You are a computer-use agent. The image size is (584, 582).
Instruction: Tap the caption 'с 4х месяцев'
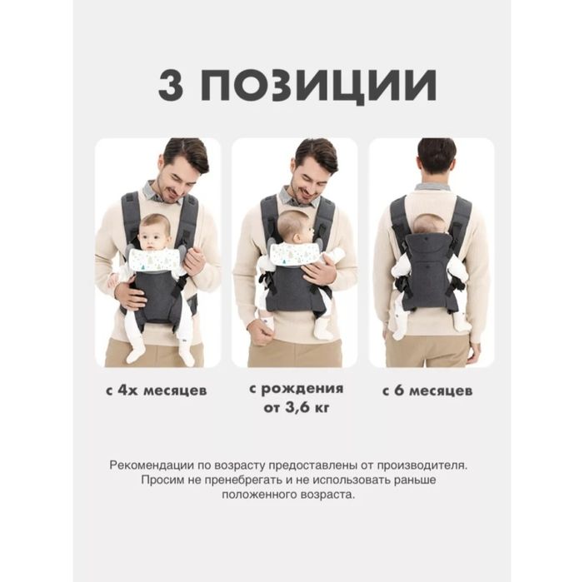pos(157,390)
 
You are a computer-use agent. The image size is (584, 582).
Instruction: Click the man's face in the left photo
pos(178,176)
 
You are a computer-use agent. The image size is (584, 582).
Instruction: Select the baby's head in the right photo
pos(430,223)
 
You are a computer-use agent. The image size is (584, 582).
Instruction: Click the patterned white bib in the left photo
pos(156,260)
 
